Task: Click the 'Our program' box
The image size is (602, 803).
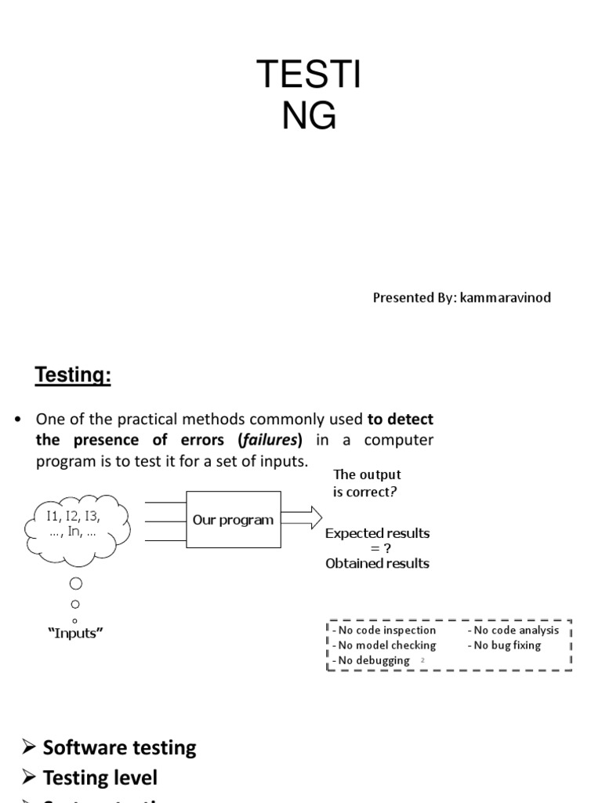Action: [x=233, y=519]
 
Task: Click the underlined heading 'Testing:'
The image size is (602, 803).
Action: [x=73, y=376]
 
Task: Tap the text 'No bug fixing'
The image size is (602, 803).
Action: [x=507, y=645]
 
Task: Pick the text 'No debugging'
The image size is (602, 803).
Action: [x=374, y=660]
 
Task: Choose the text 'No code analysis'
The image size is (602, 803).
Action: [x=517, y=630]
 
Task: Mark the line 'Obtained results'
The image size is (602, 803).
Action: [x=377, y=563]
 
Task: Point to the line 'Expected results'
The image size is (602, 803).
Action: [x=377, y=533]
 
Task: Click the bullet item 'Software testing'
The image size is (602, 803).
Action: [x=119, y=747]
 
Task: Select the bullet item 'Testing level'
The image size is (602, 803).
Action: [x=100, y=778]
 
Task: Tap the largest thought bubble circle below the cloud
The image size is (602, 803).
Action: [x=75, y=584]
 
